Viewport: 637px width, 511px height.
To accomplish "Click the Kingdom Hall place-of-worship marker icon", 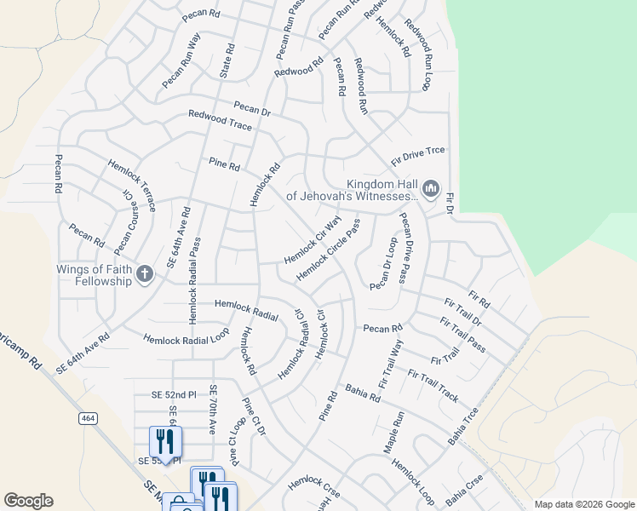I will coord(430,187).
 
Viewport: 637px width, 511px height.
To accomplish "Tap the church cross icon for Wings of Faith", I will coord(145,273).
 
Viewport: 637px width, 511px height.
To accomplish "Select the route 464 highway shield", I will coord(88,418).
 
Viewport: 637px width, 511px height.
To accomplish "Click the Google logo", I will coord(28,501).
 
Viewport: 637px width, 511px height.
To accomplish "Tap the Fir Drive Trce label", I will coord(418,155).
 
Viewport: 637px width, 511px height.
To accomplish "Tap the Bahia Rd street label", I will coord(363,393).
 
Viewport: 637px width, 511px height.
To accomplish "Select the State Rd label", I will coord(227,59).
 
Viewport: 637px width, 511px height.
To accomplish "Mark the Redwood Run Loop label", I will coord(419,55).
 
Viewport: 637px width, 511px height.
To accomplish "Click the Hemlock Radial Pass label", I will coord(194,280).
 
